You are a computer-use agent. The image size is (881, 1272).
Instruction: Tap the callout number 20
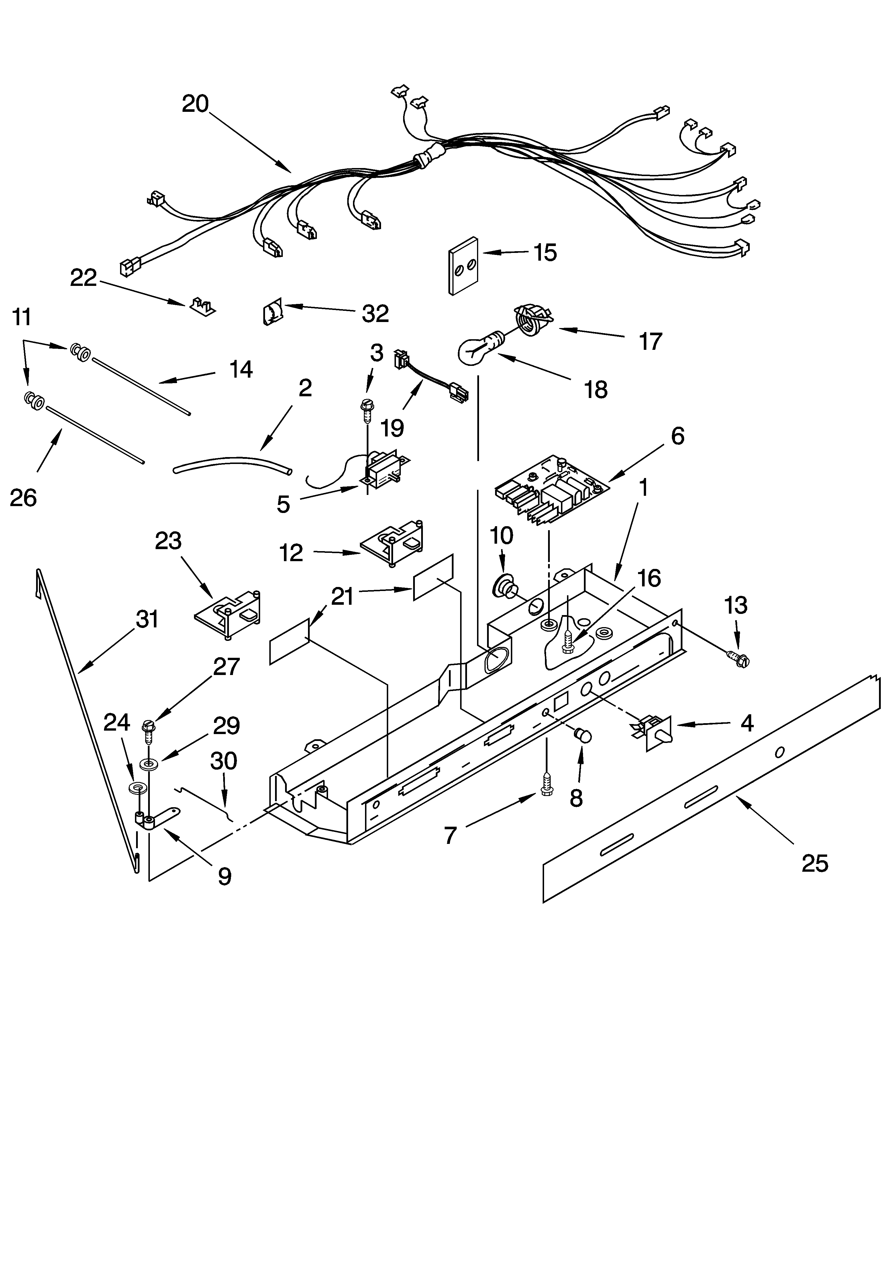point(195,104)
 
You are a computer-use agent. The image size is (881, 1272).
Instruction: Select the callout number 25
point(815,863)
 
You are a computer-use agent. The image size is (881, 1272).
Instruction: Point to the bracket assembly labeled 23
point(228,614)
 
